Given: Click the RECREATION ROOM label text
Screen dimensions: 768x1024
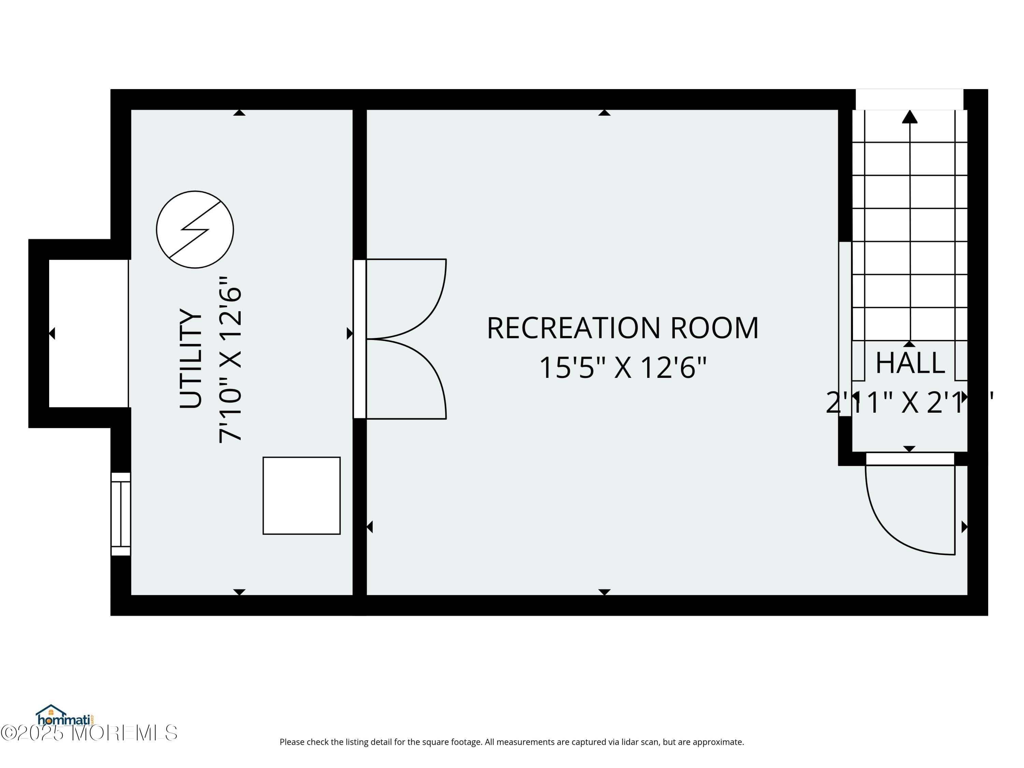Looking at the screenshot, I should (x=623, y=328).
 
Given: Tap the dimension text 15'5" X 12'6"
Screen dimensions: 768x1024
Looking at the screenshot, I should (x=623, y=368).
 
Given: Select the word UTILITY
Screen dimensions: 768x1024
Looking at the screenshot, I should (x=191, y=359).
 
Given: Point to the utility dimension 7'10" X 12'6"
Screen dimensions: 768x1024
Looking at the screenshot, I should (x=230, y=360).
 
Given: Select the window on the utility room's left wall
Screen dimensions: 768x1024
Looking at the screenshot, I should (x=121, y=514).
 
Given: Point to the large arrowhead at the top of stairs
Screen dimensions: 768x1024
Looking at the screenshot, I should (x=910, y=117).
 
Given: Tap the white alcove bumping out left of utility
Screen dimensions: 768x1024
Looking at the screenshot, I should (x=88, y=333).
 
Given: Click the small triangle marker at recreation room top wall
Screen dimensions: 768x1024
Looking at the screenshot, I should (x=604, y=113).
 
